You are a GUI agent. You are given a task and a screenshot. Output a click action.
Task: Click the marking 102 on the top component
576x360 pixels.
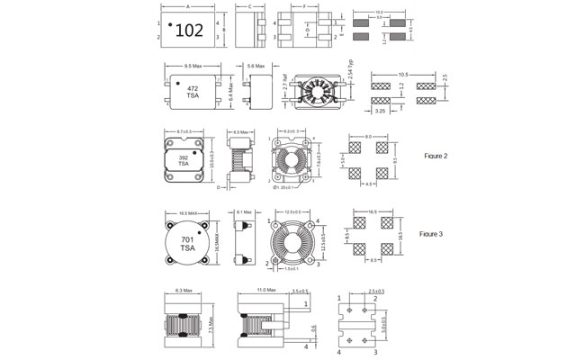pos(189,31)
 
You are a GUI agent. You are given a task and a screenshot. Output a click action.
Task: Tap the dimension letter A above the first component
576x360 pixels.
pos(187,6)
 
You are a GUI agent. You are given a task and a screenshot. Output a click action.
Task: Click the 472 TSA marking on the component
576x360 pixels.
pos(193,93)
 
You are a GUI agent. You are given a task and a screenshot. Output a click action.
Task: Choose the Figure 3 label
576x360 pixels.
pos(434,234)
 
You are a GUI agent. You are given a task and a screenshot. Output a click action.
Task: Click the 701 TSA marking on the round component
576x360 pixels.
pos(188,243)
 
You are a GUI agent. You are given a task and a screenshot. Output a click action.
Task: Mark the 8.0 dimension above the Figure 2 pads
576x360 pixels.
pos(368,137)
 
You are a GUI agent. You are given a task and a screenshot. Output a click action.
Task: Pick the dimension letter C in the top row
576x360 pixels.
pos(248,6)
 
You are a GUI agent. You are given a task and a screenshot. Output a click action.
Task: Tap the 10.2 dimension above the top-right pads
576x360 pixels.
pos(378,12)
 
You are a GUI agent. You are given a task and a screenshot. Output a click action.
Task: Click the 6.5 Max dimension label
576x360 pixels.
pos(241,132)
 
